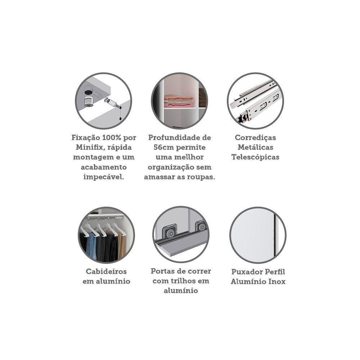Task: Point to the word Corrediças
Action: click(x=255, y=138)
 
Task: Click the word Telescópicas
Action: click(x=255, y=157)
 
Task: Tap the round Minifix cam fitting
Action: click(x=88, y=100)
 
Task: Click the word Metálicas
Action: click(x=255, y=148)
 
